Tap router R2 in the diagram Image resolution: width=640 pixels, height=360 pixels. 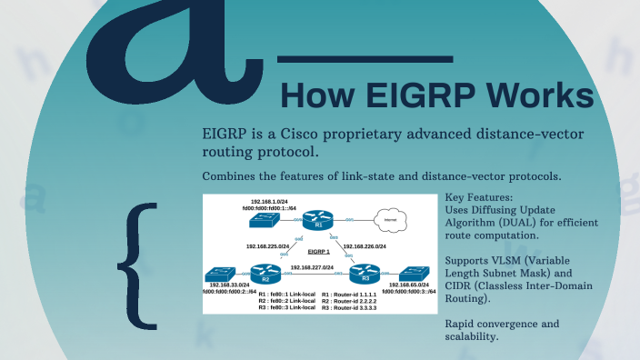(x=265, y=273)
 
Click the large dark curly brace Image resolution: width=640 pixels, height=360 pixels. (x=137, y=264)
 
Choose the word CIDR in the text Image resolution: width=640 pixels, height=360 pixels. (x=460, y=285)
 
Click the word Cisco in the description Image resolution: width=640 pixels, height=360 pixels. (x=305, y=134)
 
